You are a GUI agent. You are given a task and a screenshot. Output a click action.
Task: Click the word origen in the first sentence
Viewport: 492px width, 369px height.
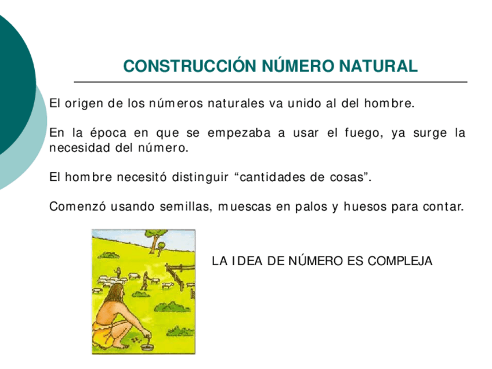click(83, 104)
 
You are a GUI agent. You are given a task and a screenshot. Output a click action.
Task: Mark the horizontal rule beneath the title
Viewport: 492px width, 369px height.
click(270, 82)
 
